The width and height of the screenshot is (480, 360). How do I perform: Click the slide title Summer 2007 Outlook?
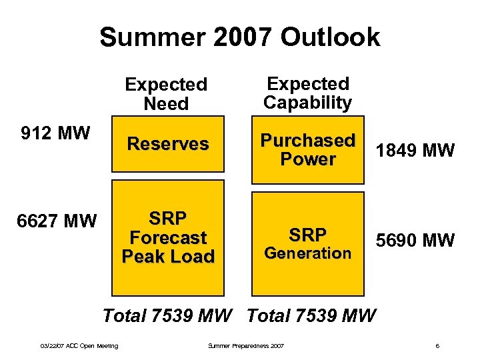click(x=239, y=37)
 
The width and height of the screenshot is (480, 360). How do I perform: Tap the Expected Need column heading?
click(x=166, y=94)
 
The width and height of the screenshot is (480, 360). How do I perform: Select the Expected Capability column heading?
click(x=307, y=93)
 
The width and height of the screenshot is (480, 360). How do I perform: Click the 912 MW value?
click(x=55, y=133)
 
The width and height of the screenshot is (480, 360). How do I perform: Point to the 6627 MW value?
click(x=58, y=220)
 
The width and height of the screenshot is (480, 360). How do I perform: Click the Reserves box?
click(x=168, y=144)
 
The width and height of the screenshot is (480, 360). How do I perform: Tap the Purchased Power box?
click(x=307, y=150)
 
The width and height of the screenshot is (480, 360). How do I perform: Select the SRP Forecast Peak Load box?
click(x=168, y=243)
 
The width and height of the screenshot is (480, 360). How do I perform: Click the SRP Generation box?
click(x=307, y=243)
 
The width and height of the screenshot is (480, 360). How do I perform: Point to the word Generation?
click(x=307, y=253)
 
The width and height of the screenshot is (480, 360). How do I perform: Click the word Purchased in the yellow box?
click(x=307, y=141)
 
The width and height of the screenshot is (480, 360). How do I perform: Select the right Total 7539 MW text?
click(x=311, y=315)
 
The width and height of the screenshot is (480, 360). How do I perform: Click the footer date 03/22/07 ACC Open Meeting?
click(x=79, y=345)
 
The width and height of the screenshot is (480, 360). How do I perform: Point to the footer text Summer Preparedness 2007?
click(x=246, y=345)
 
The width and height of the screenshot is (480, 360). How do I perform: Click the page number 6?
click(x=437, y=345)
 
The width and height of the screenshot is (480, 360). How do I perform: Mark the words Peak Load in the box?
click(x=168, y=257)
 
